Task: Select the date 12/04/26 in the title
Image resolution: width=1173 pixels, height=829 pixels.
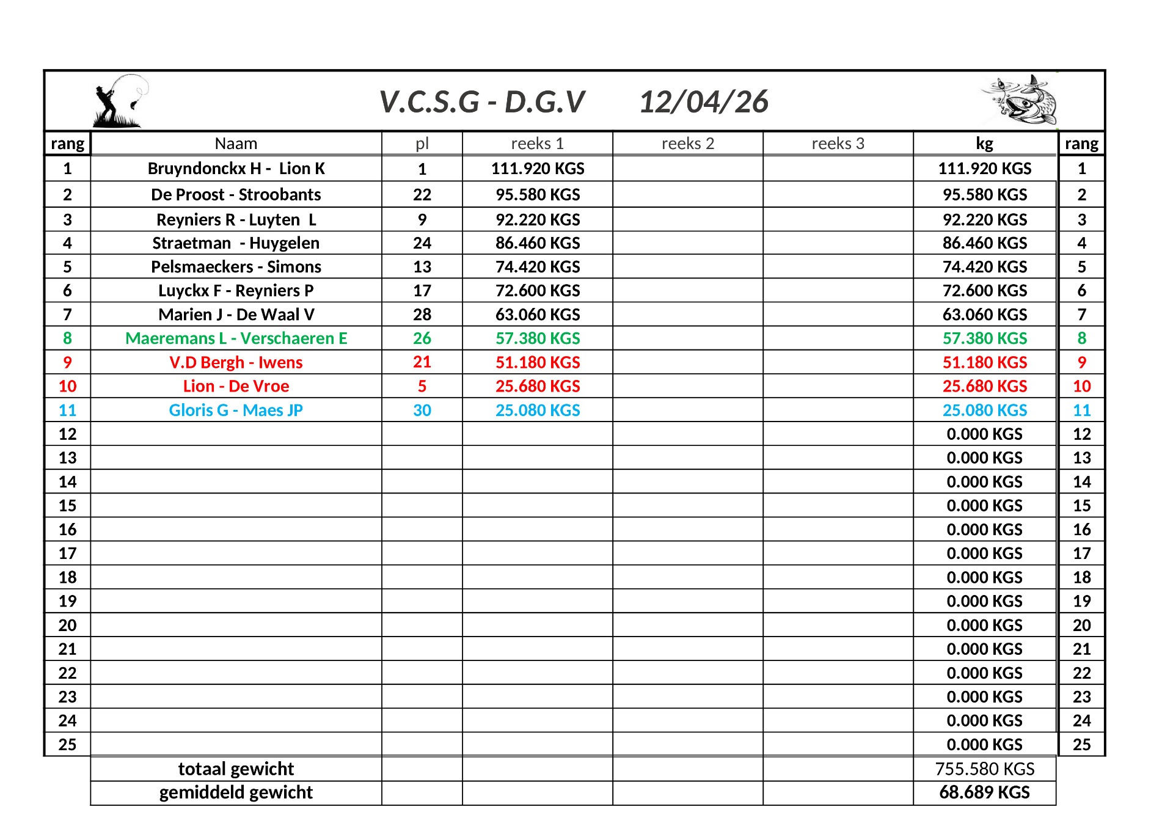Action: [703, 102]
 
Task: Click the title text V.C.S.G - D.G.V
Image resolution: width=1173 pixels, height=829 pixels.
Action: [482, 102]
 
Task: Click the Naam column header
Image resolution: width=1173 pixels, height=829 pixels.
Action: [236, 144]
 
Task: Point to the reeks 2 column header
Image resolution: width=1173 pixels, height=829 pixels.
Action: [687, 144]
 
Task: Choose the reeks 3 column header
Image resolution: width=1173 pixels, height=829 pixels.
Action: [838, 144]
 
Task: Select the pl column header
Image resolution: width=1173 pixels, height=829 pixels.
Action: [422, 144]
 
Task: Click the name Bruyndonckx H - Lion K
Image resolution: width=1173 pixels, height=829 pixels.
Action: [236, 169]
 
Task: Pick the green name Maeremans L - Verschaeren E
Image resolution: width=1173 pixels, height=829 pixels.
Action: [236, 338]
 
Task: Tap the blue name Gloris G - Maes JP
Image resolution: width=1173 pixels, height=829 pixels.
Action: [236, 411]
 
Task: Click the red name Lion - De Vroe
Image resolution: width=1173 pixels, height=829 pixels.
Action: [236, 386]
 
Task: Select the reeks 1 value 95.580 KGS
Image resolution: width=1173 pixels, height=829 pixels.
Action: [538, 195]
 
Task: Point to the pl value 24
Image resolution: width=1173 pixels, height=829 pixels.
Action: [422, 243]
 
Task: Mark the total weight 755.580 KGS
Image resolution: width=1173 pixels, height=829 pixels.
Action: [984, 769]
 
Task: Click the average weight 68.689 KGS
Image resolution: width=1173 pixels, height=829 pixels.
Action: [984, 792]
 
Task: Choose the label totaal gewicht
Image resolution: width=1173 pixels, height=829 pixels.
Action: [236, 769]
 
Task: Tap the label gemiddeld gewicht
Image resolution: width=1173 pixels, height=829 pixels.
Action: [236, 792]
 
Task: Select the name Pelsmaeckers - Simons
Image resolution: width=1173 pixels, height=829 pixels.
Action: [236, 267]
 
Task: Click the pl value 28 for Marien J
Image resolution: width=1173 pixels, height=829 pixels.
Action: [422, 315]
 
